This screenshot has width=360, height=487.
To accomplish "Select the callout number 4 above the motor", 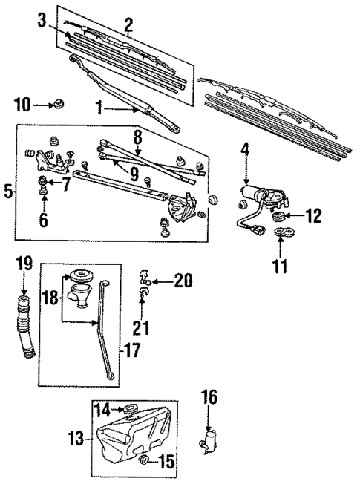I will click(245, 150).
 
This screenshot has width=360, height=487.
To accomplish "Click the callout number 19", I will click(24, 263).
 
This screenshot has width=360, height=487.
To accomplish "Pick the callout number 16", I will click(210, 397).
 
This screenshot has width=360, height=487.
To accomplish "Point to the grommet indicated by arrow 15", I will click(145, 461).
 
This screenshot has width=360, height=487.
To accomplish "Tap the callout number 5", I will click(8, 191).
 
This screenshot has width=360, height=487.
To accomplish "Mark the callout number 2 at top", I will click(129, 27).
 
